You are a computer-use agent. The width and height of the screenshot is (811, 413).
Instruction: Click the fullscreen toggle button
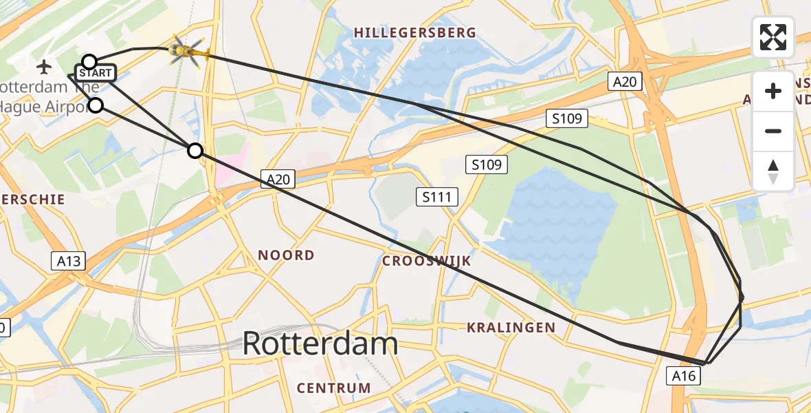pyautogui.click(x=773, y=37)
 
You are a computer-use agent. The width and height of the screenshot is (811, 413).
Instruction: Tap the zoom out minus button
pyautogui.click(x=773, y=131)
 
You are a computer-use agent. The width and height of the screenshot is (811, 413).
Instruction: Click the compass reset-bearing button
pyautogui.click(x=773, y=171)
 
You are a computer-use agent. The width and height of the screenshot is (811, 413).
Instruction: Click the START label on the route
pyautogui.click(x=95, y=73)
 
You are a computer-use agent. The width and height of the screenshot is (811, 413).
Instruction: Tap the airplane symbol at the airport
pyautogui.click(x=45, y=67)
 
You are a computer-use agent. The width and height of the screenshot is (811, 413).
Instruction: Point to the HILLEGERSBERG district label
pyautogui.click(x=414, y=32)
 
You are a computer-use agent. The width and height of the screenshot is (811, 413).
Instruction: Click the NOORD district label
pyautogui.click(x=286, y=255)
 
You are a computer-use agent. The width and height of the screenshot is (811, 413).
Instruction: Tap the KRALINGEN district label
pyautogui.click(x=511, y=327)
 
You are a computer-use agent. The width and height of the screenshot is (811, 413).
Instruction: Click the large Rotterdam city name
pyautogui.click(x=320, y=343)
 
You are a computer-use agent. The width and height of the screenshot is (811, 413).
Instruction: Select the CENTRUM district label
pyautogui.click(x=334, y=388)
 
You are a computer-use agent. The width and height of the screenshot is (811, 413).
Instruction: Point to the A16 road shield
pyautogui.click(x=684, y=375)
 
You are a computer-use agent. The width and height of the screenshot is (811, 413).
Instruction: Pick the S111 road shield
pyautogui.click(x=436, y=198)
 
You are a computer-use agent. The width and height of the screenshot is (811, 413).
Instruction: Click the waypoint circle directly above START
pyautogui.click(x=89, y=62)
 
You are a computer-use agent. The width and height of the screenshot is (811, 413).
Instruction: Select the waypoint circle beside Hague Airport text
pyautogui.click(x=96, y=105)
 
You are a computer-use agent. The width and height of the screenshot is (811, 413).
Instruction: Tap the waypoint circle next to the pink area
pyautogui.click(x=196, y=151)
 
